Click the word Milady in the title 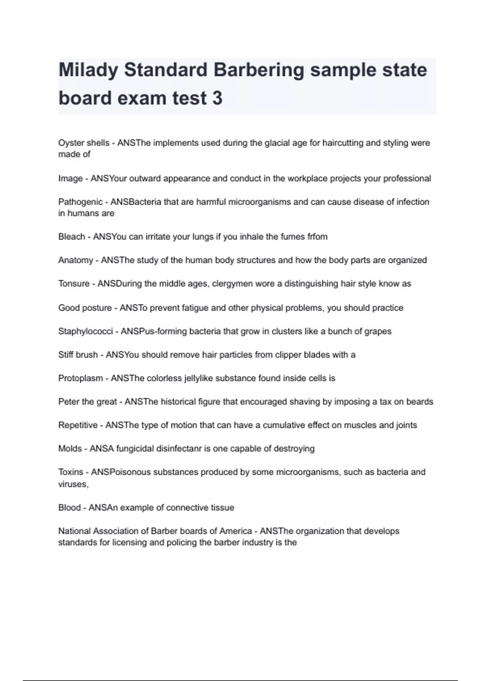pos(88,70)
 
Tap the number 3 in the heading pos(217,98)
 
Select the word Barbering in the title pos(259,70)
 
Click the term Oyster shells pos(84,143)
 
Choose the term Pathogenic pos(81,202)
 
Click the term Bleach pos(71,237)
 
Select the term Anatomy pos(75,260)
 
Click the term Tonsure pos(74,284)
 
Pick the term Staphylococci pos(85,331)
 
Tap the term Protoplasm pos(81,378)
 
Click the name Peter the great pos(87,402)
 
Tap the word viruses pos(73,484)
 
